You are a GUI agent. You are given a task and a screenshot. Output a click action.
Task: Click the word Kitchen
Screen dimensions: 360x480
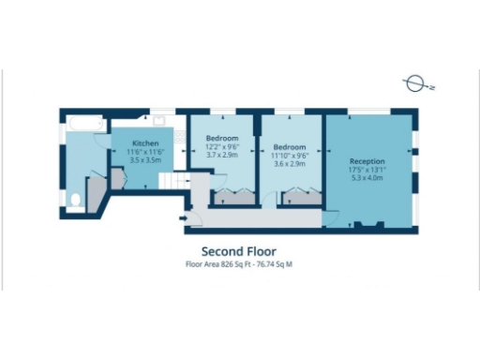(145, 143)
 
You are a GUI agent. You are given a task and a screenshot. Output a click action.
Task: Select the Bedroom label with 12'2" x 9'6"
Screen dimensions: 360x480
(221, 139)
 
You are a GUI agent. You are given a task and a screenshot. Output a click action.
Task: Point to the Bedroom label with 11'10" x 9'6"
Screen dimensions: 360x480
(289, 147)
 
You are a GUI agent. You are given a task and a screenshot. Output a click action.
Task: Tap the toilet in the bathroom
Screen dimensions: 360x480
(74, 199)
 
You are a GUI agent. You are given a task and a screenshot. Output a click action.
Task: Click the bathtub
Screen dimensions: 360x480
(86, 124)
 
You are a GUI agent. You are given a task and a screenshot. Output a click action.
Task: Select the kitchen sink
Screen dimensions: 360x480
(159, 122)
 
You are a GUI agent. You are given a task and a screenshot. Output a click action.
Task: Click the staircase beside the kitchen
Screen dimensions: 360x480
(169, 181)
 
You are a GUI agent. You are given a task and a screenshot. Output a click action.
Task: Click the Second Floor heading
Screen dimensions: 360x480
(239, 251)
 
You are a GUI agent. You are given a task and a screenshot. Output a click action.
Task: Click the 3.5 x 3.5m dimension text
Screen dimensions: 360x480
(145, 160)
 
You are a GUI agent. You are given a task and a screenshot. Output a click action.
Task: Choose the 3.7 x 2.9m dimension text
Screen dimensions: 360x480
(221, 156)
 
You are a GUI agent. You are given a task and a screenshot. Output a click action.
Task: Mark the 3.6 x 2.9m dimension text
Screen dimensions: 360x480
(289, 164)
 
